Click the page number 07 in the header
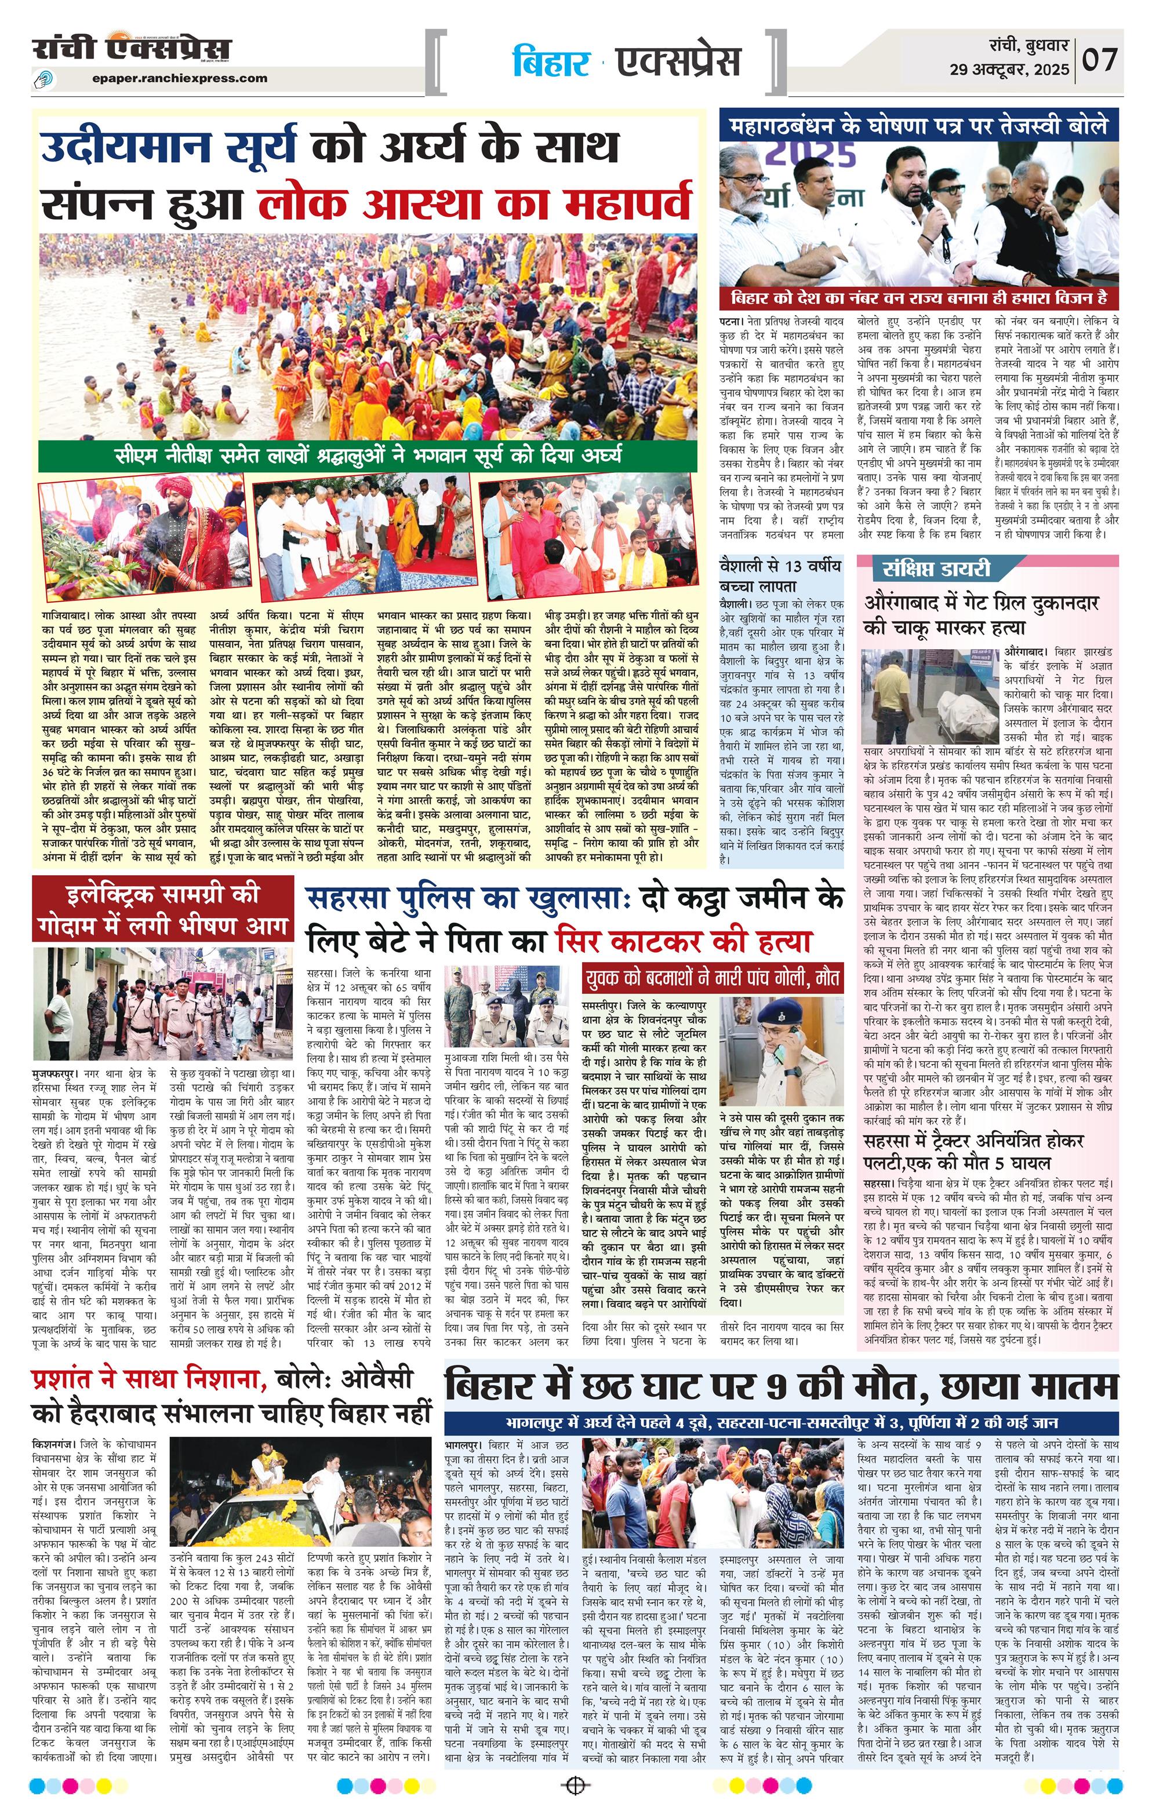[x=1101, y=60]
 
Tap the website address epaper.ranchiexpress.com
[x=180, y=78]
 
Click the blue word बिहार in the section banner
[x=551, y=62]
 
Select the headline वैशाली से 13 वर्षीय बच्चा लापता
[x=780, y=575]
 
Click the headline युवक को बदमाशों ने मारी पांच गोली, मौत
[x=712, y=978]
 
